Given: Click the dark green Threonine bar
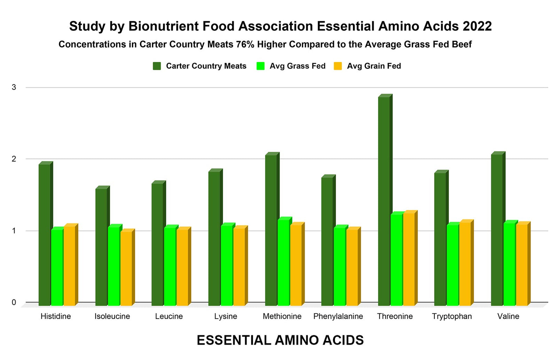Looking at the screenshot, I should click(384, 200).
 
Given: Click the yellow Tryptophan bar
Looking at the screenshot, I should click(465, 263).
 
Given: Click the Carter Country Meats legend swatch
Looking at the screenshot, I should click(157, 66).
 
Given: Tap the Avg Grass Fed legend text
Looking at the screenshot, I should click(297, 66).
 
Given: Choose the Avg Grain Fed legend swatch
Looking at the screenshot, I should click(338, 66).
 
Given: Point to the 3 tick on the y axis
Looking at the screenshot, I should click(14, 87).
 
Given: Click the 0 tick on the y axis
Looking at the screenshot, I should click(14, 303).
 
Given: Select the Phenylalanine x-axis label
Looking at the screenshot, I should click(338, 316).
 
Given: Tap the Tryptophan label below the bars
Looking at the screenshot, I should click(452, 316).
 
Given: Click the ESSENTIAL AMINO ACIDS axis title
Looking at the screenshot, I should click(280, 340).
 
